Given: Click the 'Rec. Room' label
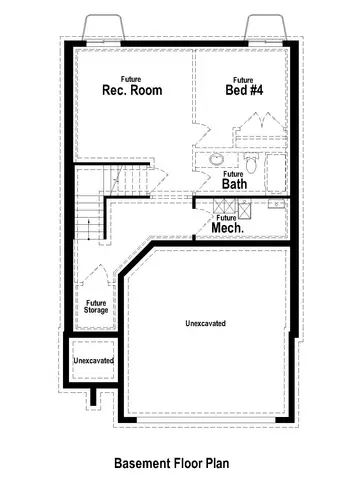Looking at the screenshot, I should point(131,90).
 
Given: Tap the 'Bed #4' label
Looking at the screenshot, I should point(242,90).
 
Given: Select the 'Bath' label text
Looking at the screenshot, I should point(234,184).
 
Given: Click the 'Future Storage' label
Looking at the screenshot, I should point(96,306).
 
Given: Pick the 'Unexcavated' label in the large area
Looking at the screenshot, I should point(205,324).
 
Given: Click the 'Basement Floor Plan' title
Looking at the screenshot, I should point(171,463).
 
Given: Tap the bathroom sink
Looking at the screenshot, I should point(216,160).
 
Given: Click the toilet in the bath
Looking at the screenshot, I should point(251,162).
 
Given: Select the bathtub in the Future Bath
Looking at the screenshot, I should point(275,171).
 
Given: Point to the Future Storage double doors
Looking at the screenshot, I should point(96,276).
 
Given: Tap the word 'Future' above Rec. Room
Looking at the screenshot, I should point(130,78).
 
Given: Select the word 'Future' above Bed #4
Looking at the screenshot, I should point(242,78).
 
